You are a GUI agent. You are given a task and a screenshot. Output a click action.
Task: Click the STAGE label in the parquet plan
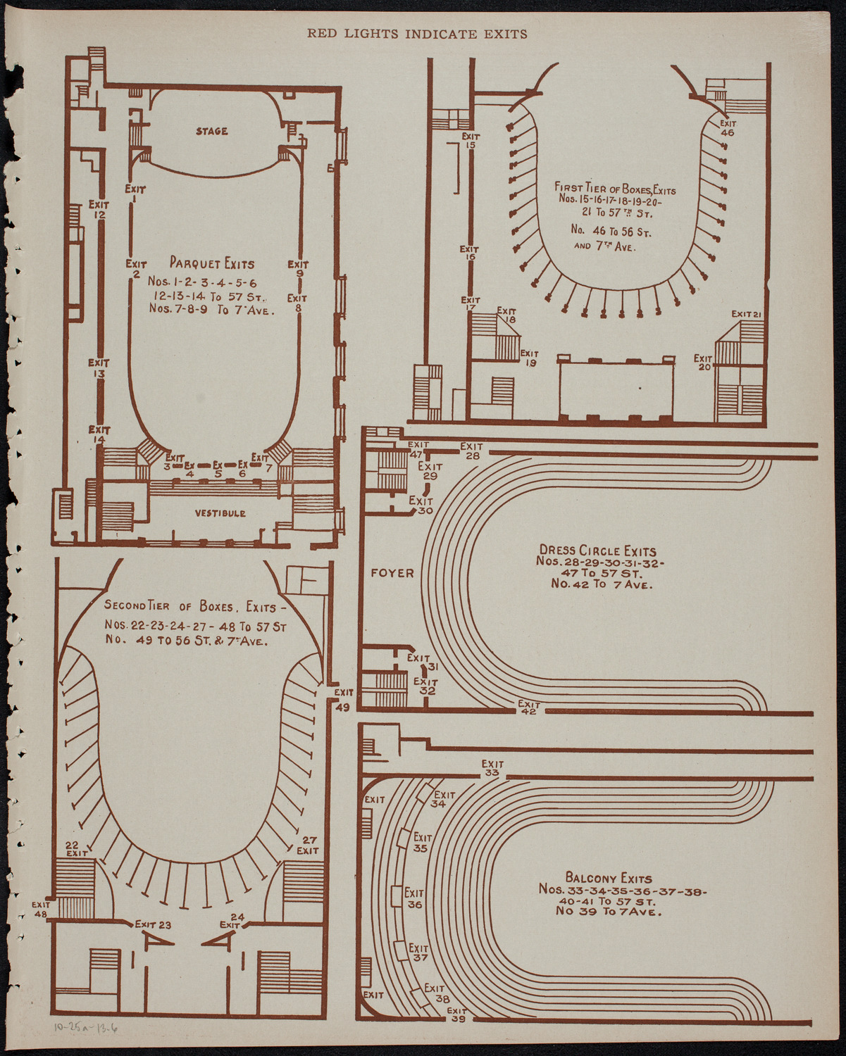[x=211, y=131]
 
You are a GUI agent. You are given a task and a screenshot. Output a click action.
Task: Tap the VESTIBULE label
[x=220, y=513]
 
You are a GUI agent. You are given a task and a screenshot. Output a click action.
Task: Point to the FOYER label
[x=392, y=573]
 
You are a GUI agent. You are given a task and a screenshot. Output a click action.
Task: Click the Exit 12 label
[x=99, y=210]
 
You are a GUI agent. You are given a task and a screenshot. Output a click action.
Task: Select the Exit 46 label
[x=727, y=127]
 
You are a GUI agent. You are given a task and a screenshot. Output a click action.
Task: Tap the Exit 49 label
[x=343, y=700]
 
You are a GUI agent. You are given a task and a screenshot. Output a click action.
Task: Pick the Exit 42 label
[x=528, y=708]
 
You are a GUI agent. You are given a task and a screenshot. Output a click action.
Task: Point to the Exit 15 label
[x=470, y=141]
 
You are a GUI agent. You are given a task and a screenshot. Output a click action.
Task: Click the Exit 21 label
[x=747, y=314]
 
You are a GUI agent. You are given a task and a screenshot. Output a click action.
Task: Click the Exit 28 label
[x=471, y=451]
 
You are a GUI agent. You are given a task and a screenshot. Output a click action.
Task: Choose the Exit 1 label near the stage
[x=135, y=194]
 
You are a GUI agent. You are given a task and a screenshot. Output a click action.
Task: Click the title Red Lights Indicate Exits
[x=417, y=33]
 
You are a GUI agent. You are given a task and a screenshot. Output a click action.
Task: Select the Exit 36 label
[x=414, y=899]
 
